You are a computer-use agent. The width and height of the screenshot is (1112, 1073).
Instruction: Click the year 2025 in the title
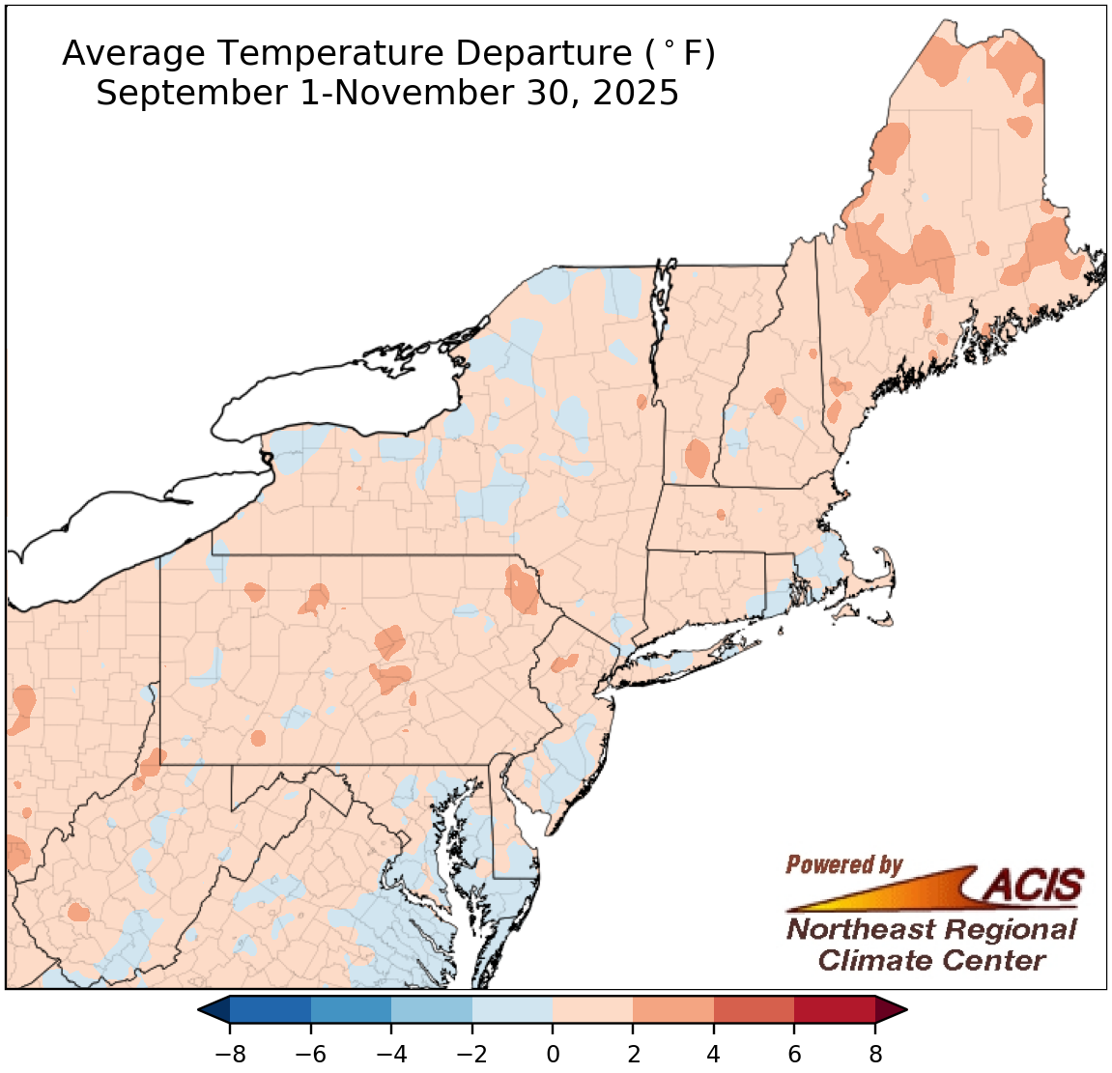pos(635,94)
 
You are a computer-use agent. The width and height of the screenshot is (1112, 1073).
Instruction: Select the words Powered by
pos(843,864)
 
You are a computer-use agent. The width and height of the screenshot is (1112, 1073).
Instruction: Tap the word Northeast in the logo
pos(859,929)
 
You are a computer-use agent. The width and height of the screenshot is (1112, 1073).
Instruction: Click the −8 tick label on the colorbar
pos(229,1054)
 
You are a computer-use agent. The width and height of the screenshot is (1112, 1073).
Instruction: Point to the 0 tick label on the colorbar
pos(553,1054)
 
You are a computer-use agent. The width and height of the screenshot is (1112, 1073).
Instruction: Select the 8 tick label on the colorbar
pos(875,1054)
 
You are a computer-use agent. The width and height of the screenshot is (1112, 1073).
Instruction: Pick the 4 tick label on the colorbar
pos(714,1054)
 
